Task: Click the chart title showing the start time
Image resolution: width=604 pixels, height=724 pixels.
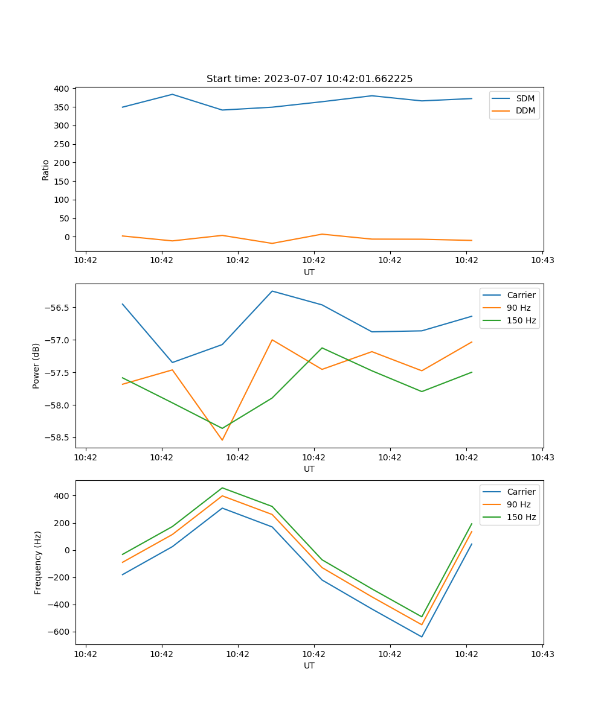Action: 309,79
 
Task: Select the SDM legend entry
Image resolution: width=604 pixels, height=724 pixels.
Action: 525,98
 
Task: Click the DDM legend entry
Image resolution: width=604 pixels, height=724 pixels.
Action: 525,110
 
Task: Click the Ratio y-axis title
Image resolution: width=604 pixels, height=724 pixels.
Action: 46,170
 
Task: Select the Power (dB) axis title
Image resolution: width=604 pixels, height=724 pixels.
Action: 36,366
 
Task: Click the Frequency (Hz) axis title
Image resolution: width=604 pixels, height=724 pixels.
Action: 38,562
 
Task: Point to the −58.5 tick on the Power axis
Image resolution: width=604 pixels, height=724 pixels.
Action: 56,437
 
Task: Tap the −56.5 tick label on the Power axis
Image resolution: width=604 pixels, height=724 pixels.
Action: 56,307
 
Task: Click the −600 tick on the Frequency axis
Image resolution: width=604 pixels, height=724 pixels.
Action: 59,632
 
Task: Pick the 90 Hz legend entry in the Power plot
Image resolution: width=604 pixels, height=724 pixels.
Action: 518,308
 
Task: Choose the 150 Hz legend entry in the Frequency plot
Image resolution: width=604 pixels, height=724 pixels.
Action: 521,517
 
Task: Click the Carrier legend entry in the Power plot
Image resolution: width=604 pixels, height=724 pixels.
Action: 521,295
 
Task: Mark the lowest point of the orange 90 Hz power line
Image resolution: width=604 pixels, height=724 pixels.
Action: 222,440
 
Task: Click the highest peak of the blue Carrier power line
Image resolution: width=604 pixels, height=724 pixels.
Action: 272,291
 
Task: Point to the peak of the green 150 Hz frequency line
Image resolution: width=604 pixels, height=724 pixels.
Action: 222,487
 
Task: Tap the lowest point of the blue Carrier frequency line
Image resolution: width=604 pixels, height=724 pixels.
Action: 422,637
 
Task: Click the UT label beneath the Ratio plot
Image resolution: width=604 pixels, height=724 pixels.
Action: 309,272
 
